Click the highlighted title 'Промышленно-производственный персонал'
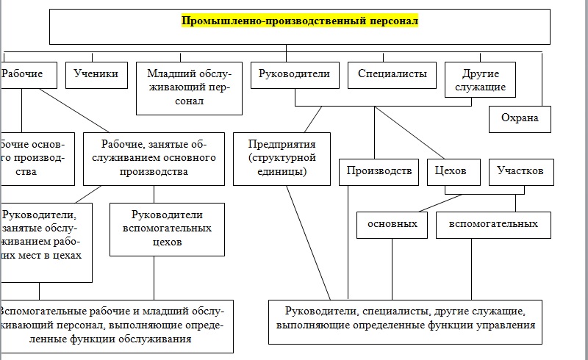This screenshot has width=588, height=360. (x=299, y=21)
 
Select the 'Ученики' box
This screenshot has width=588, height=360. (x=97, y=74)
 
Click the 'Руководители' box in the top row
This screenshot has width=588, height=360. (x=295, y=74)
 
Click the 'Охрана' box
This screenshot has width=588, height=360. (x=520, y=118)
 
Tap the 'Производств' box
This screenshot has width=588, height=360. (x=379, y=172)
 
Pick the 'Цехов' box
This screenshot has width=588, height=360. (x=453, y=172)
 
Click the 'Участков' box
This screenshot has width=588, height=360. (x=520, y=172)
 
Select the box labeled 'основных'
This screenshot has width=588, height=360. (x=392, y=224)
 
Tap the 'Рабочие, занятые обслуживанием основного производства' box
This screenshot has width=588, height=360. (x=154, y=158)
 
